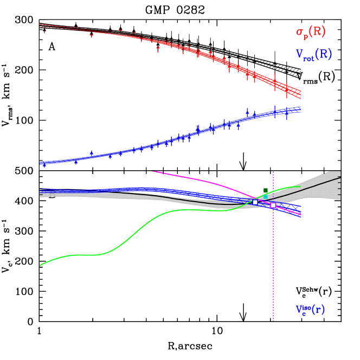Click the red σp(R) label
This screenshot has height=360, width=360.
311,32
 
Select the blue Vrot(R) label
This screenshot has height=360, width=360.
313,54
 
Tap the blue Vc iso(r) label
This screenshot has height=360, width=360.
310,310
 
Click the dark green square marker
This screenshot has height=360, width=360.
266,190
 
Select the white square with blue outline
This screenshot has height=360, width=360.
255,202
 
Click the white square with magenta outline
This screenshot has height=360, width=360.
273,205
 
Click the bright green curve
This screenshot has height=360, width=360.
136,228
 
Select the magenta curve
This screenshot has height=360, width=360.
206,180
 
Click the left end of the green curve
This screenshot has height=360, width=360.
40,266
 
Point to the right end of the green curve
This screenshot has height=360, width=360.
300,187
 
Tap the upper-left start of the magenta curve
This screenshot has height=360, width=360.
152,171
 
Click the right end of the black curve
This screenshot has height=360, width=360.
340,177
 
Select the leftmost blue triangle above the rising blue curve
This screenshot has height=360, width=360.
91,153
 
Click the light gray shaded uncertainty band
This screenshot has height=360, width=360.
325,187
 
